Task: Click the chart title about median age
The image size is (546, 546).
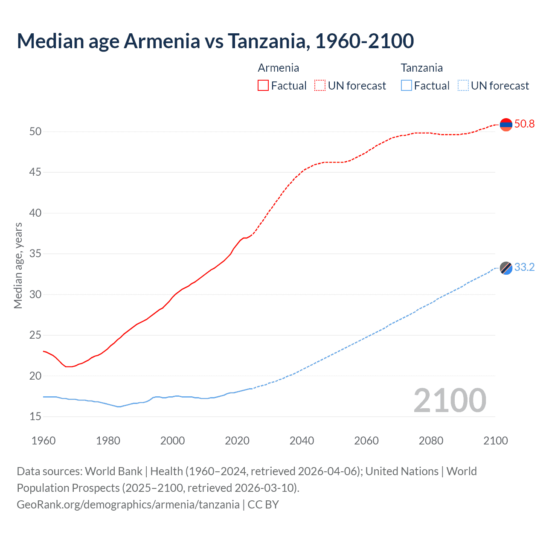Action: coord(215,41)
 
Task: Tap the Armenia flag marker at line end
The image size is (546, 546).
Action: coord(506,125)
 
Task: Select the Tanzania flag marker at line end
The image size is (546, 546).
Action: coord(506,268)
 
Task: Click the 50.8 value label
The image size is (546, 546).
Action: coord(524,124)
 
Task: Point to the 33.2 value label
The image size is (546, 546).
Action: coord(524,267)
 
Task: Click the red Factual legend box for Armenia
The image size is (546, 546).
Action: coord(263,85)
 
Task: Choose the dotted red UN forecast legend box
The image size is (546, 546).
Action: coord(320,85)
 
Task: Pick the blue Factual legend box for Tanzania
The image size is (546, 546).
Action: coord(407,85)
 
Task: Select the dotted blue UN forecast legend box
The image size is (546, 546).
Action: coord(463,85)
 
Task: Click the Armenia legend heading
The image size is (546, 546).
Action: coord(278,68)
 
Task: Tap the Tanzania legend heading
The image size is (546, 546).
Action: coord(421,68)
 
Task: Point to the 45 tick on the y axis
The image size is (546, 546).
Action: coord(35,172)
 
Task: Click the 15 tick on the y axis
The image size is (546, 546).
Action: coord(35,417)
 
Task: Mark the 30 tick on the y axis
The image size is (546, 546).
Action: coord(35,295)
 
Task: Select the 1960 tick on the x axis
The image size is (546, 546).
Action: coord(44,441)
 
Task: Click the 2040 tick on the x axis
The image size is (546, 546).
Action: coord(302,441)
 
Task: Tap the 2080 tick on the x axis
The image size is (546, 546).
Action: coord(431,441)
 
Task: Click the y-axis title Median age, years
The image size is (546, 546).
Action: coord(18,265)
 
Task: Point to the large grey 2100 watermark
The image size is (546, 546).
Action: coord(450,401)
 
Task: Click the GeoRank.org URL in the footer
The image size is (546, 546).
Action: coord(128,505)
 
